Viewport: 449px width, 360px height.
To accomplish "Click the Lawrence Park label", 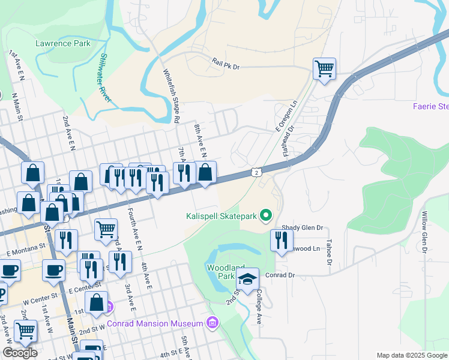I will tap(63, 43).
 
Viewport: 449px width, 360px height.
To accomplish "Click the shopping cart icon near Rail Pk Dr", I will tap(324, 69).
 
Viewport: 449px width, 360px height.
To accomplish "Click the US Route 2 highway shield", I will tap(256, 173).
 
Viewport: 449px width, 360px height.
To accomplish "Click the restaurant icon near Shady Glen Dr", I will tap(280, 241).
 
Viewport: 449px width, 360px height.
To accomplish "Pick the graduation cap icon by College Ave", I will tap(247, 279).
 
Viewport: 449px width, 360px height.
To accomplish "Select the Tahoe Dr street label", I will tap(329, 252).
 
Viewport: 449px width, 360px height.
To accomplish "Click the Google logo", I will tap(20, 353).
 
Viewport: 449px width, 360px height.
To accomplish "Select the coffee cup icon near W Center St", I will tap(53, 271).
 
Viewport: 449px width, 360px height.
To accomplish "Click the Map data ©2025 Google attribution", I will tap(412, 355).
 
